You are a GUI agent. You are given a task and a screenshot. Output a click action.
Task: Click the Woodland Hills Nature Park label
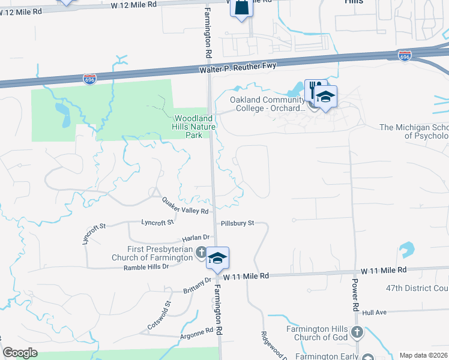(x=194, y=127)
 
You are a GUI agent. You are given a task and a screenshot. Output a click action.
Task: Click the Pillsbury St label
(x=237, y=223)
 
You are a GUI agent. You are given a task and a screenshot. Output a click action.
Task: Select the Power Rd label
(x=355, y=297)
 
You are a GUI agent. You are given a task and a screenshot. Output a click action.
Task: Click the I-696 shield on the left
(x=89, y=79)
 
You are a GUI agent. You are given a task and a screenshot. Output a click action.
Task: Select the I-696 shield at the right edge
(x=405, y=56)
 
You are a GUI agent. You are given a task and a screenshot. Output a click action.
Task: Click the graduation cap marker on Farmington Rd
(x=217, y=258)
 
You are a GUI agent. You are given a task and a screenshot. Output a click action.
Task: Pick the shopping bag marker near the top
(x=241, y=8)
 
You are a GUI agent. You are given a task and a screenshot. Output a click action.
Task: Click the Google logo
(x=20, y=353)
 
